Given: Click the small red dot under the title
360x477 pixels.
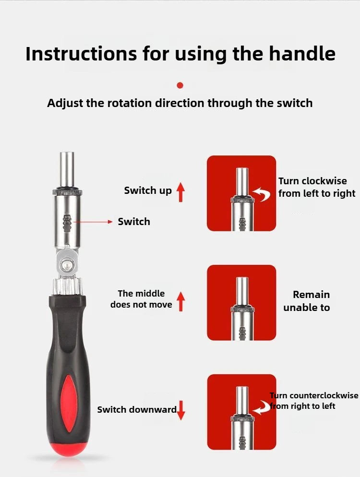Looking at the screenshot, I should (180, 85).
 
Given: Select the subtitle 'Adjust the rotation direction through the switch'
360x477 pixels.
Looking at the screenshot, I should (180, 103).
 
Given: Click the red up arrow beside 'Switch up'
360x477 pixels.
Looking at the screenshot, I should (180, 191).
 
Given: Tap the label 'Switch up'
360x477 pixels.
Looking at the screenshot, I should (147, 191).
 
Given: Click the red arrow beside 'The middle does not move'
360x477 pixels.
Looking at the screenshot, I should (180, 301).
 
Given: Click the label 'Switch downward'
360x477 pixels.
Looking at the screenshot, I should (137, 409).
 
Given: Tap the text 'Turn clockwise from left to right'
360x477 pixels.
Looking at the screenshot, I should (316, 187).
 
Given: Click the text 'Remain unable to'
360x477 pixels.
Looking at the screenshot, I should (307, 301).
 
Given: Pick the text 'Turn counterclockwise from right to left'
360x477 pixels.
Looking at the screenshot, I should (313, 401).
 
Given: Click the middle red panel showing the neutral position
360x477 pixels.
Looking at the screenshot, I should (241, 302).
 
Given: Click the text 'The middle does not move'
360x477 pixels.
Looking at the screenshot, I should (141, 299).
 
